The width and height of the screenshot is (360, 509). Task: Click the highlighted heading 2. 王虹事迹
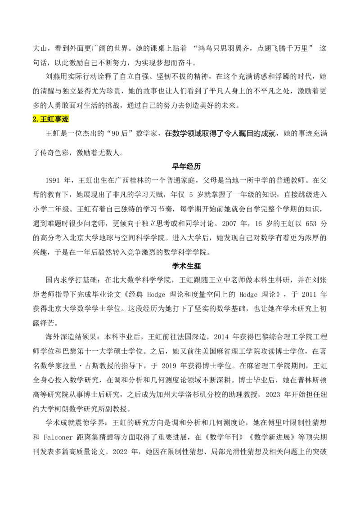pyautogui.click(x=51, y=119)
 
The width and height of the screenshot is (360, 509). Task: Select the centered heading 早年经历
pyautogui.click(x=186, y=166)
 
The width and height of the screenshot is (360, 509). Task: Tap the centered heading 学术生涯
pyautogui.click(x=186, y=266)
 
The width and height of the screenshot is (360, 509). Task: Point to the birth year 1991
pyautogui.click(x=53, y=180)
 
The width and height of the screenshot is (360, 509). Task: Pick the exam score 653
pyautogui.click(x=311, y=223)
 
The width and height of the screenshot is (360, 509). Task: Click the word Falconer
pyautogui.click(x=58, y=437)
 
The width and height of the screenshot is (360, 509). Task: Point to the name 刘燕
pyautogui.click(x=53, y=76)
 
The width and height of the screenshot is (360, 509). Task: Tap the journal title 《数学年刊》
pyautogui.click(x=224, y=437)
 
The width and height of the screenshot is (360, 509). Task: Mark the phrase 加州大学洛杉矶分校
pyautogui.click(x=189, y=394)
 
